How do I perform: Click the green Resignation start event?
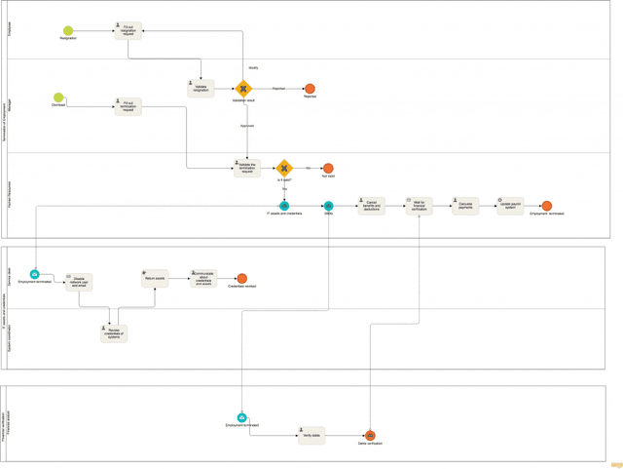point(68,32)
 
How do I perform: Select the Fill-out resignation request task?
point(128,31)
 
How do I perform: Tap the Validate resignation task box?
point(201,89)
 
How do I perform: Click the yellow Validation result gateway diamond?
point(243,89)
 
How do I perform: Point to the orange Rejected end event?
point(310,89)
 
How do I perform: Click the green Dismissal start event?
point(58,98)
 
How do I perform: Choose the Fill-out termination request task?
point(128,105)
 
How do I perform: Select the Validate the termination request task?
point(247,168)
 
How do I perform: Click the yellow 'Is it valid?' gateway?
point(284,168)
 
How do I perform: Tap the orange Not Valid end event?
point(328,169)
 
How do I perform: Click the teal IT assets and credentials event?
point(284,206)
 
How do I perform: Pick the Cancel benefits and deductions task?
point(372,206)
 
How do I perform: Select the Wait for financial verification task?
point(420,206)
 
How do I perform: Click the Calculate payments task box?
point(465,206)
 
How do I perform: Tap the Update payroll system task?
point(510,206)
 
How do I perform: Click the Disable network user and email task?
point(80,283)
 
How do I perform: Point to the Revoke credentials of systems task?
point(114,333)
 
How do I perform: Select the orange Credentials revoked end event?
point(242,279)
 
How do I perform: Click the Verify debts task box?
point(311,436)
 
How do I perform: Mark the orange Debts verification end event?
point(370,436)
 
